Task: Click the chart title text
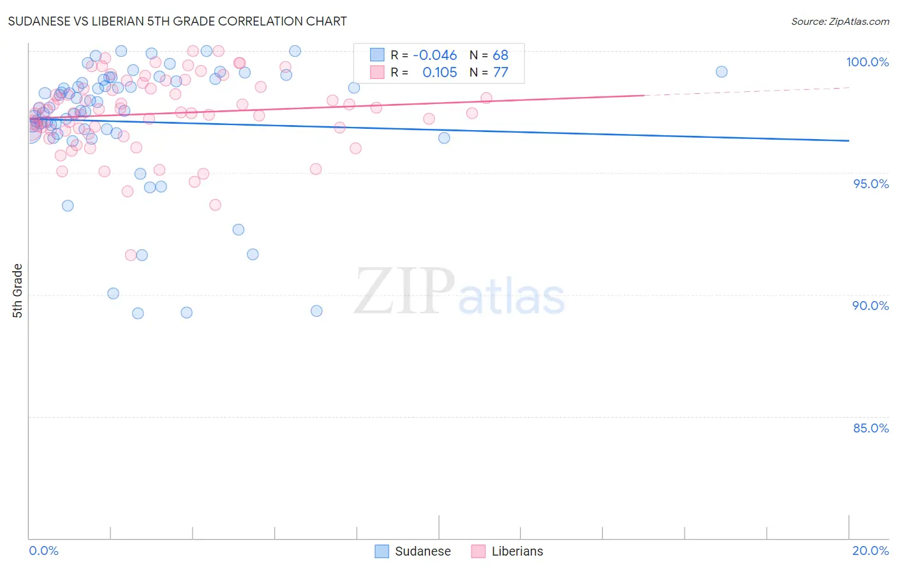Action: (x=177, y=21)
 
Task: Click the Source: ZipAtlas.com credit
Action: (x=840, y=21)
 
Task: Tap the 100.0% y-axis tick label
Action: (x=867, y=62)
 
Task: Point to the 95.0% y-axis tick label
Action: (x=871, y=184)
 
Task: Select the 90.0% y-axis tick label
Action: (x=870, y=306)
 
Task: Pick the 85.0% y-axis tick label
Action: (x=871, y=428)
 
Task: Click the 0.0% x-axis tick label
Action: (x=43, y=551)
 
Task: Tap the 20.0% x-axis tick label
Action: (x=870, y=551)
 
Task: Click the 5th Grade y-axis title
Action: (x=18, y=290)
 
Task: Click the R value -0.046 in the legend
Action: (x=434, y=55)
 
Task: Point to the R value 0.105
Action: (x=440, y=73)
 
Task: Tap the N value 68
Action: (x=500, y=55)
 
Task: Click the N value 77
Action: (x=500, y=73)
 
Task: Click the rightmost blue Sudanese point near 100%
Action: (x=722, y=71)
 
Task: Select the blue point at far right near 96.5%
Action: (x=444, y=138)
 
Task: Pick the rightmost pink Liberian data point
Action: (x=486, y=98)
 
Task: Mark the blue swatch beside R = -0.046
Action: (x=378, y=55)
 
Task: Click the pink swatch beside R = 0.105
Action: (x=378, y=72)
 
